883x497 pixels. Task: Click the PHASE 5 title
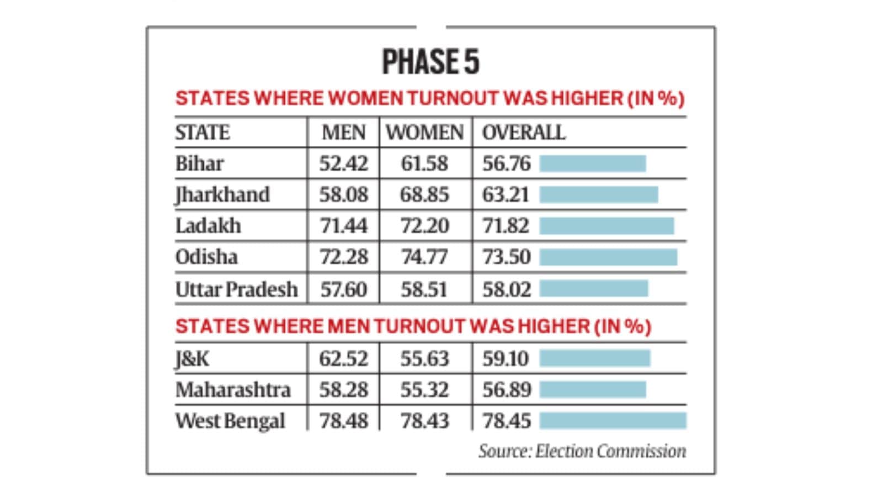coord(430,61)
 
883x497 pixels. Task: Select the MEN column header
coord(343,133)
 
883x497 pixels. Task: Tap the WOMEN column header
coord(424,133)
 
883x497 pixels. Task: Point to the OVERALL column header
coord(523,133)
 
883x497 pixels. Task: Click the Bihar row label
coord(199,163)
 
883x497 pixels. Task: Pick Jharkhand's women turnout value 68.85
coord(424,195)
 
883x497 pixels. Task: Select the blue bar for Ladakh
coord(607,226)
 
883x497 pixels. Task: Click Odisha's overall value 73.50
coord(506,257)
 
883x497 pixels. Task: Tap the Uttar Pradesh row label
coord(236,289)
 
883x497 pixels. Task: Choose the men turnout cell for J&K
coord(343,359)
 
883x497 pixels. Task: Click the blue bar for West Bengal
coord(613,421)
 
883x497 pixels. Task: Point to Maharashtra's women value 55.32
coord(424,390)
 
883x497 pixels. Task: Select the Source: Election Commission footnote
coord(582,451)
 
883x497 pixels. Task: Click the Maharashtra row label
coord(233,390)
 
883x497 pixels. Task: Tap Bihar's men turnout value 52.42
coord(343,163)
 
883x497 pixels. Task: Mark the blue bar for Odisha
coord(608,257)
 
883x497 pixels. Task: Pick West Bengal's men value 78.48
coord(343,421)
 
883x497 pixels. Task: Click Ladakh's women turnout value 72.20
coord(424,226)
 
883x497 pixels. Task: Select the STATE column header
coord(203,133)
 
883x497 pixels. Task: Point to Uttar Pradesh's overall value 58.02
coord(506,289)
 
